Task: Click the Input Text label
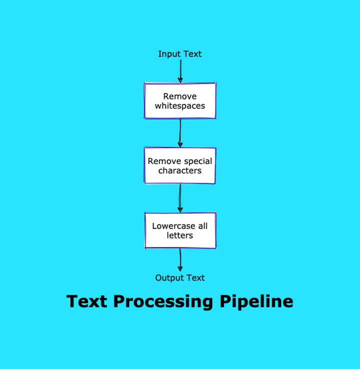pos(180,54)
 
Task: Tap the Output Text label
pos(180,278)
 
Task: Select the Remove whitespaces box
pos(180,100)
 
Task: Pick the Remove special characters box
pos(180,165)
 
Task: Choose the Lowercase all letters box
pos(180,230)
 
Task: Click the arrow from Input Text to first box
pos(180,71)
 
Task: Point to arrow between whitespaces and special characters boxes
pos(180,133)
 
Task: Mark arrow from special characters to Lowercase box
pos(180,198)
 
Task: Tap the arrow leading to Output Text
pos(180,260)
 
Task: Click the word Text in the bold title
pos(87,301)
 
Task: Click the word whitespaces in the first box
pos(180,106)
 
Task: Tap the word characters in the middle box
pos(180,171)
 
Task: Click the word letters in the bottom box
pos(180,235)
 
